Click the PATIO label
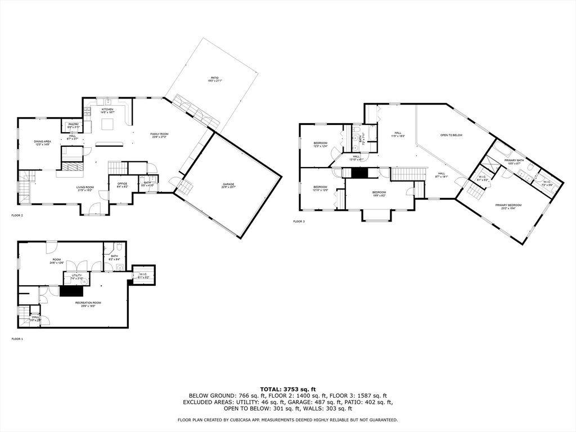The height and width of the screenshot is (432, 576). click(215, 78)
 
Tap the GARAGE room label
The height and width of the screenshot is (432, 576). click(228, 184)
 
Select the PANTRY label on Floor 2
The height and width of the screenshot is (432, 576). click(74, 124)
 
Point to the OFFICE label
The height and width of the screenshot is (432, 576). click(122, 183)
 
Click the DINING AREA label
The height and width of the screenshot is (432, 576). click(42, 141)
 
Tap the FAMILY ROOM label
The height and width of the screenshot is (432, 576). click(159, 134)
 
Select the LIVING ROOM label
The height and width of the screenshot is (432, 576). click(85, 187)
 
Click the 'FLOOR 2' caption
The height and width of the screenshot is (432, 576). click(17, 215)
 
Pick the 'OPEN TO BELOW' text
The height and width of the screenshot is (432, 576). click(451, 135)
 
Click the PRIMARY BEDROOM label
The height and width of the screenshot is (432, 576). click(508, 205)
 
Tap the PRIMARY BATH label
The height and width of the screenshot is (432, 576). click(515, 161)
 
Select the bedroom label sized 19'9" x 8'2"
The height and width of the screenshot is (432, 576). click(379, 193)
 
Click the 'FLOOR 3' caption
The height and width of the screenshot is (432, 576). click(299, 221)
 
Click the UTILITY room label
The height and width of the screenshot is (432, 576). click(76, 275)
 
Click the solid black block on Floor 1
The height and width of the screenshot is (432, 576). click(71, 291)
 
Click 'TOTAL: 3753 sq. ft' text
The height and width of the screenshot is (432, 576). click(287, 389)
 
